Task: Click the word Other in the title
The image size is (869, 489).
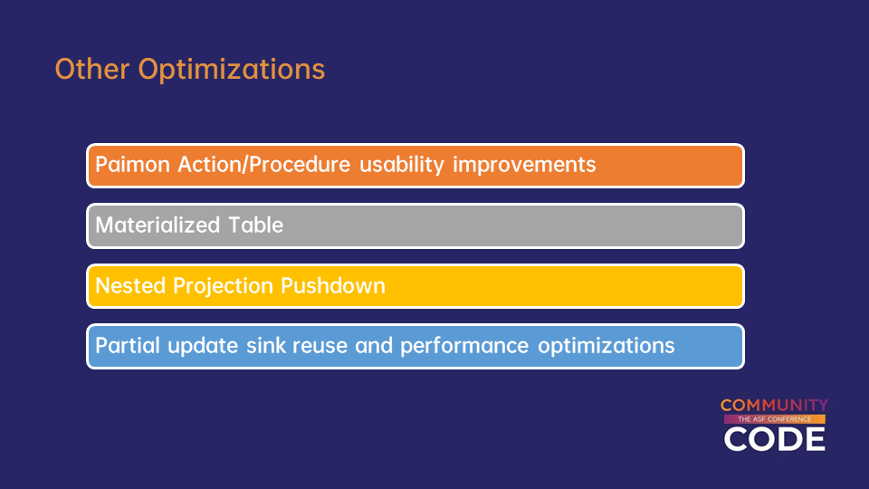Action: click(x=92, y=69)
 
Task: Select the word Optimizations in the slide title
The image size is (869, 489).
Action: click(x=232, y=71)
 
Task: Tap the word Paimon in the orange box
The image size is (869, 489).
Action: click(x=132, y=165)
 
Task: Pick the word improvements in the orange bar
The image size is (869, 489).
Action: click(x=524, y=165)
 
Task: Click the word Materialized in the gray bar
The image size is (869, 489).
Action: click(x=158, y=225)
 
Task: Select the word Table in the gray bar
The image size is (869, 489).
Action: click(x=255, y=225)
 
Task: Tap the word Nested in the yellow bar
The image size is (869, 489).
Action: click(x=130, y=285)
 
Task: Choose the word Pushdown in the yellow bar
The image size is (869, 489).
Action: click(x=333, y=285)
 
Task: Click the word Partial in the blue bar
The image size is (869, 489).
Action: click(x=128, y=346)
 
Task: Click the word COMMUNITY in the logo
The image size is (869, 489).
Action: click(x=774, y=406)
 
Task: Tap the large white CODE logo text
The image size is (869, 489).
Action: click(x=774, y=438)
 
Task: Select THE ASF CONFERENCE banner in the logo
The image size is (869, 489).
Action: click(x=774, y=419)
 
